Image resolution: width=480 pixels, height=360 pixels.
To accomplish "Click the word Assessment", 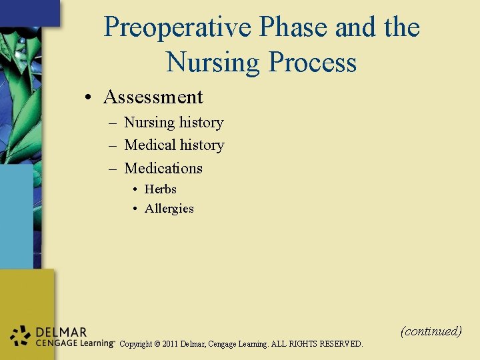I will [x=153, y=97].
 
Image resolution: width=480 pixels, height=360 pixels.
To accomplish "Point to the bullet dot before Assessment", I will [x=89, y=98].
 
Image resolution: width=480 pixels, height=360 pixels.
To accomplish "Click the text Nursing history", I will [x=173, y=123].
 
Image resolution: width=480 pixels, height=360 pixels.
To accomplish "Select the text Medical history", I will [x=174, y=145].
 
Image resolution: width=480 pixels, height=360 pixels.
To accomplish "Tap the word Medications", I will [x=163, y=168].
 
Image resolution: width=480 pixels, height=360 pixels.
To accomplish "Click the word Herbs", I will [x=160, y=189].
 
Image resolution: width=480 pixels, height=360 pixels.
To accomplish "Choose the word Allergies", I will [x=169, y=209].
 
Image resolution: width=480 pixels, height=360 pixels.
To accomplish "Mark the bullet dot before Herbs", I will [x=135, y=190].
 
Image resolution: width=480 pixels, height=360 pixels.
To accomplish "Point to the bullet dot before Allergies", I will [x=135, y=209].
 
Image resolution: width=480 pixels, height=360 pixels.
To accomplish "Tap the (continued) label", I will [x=431, y=331].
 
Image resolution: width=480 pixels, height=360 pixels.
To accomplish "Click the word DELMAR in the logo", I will [x=61, y=332].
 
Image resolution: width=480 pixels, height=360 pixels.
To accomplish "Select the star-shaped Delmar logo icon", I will [x=21, y=336].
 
